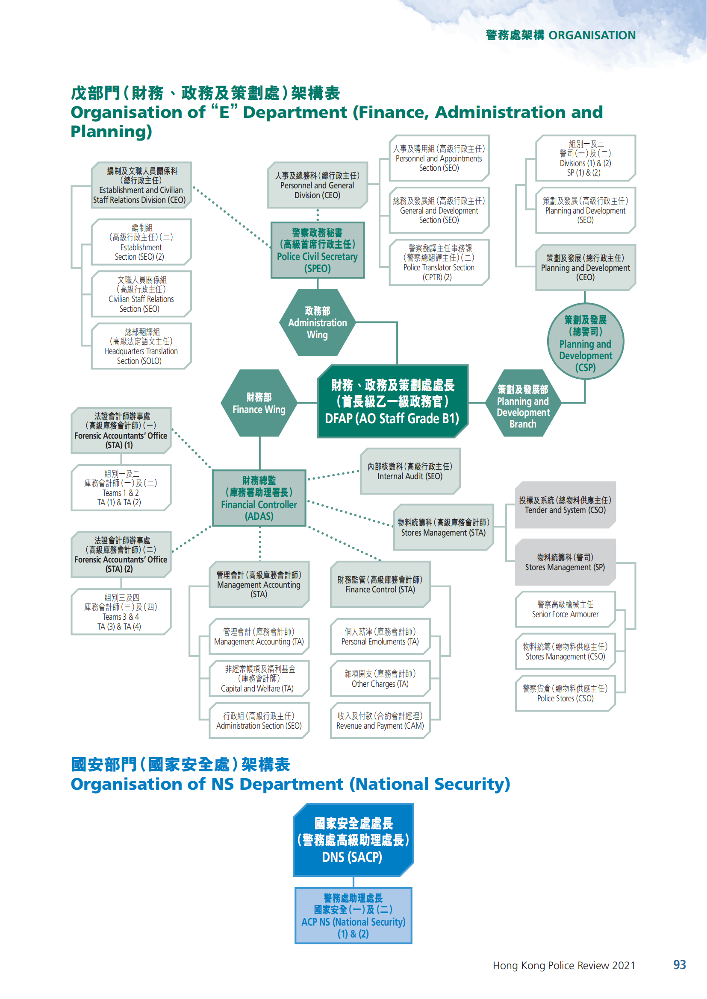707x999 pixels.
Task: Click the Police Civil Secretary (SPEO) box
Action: (317, 250)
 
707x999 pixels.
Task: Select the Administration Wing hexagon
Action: (317, 322)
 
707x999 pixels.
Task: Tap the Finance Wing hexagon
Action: (259, 403)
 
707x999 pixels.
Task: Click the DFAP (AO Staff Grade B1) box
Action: (392, 401)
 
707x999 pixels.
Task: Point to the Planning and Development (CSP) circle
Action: (585, 342)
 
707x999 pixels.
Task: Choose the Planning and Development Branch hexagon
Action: (523, 403)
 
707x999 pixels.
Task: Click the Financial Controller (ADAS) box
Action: (259, 498)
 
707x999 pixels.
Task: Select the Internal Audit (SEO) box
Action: (409, 471)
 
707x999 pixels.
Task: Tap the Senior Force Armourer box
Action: (565, 609)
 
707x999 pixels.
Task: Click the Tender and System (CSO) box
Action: (565, 505)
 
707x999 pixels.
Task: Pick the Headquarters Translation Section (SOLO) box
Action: (141, 346)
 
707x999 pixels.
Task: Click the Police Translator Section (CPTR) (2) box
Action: (439, 262)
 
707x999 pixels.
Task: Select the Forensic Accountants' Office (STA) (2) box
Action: (121, 554)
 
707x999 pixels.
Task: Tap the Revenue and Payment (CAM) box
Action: (380, 721)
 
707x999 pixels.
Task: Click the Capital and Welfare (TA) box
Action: (259, 679)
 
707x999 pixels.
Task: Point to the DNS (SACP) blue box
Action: (353, 840)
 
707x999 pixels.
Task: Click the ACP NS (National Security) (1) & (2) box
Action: (353, 915)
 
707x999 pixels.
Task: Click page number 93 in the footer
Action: (679, 965)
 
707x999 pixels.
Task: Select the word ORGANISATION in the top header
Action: (592, 35)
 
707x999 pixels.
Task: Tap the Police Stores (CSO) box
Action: (565, 693)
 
